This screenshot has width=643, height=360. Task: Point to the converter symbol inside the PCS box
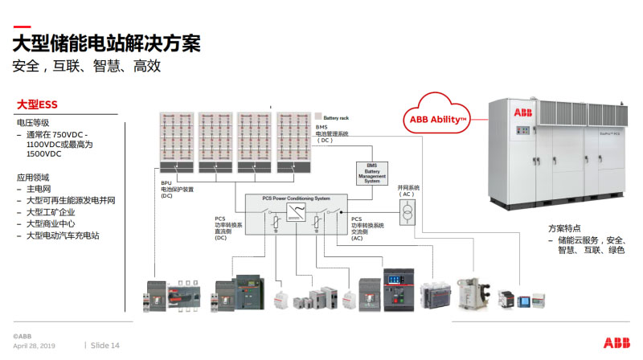point(297,215)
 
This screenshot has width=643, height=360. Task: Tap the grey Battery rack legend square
point(317,116)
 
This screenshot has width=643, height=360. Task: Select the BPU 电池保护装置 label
point(177,189)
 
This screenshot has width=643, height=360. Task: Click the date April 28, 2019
point(34,346)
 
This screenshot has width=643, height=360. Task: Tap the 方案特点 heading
point(564,228)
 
